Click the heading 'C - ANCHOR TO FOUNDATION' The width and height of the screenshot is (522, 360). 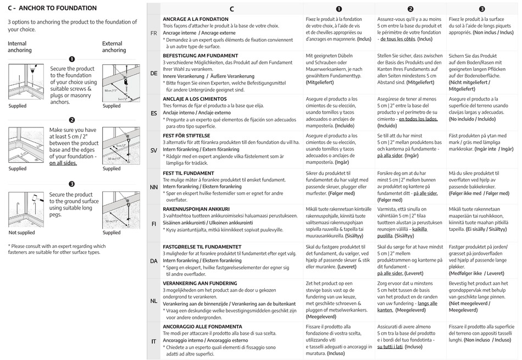tap(52, 8)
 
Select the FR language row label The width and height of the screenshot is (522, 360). tap(154, 33)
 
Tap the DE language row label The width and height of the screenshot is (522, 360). tap(154, 73)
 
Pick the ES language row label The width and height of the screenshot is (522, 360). tap(154, 113)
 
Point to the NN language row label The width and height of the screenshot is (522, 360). tap(154, 187)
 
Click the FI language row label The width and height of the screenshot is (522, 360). tap(154, 224)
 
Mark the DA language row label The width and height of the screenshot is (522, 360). tap(154, 261)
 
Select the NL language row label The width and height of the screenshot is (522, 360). tap(154, 301)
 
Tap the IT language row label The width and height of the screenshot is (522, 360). tap(154, 341)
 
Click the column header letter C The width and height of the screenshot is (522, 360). tap(232, 9)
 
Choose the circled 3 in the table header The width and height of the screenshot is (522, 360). tap(482, 9)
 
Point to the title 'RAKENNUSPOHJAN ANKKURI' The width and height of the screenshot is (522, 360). tap(196, 209)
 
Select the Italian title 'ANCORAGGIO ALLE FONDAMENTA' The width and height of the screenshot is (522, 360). tap(202, 326)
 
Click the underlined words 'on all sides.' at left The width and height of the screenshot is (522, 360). tap(63, 163)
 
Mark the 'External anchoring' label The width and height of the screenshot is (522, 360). tap(113, 47)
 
